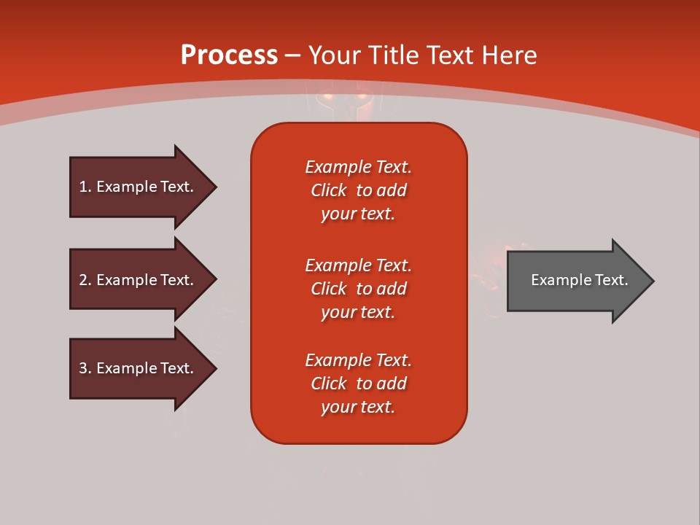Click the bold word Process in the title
coord(229,55)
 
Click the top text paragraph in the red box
coord(358,190)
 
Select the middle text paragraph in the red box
coord(358,289)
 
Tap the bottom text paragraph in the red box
coord(358,384)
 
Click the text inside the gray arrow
coord(579,280)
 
